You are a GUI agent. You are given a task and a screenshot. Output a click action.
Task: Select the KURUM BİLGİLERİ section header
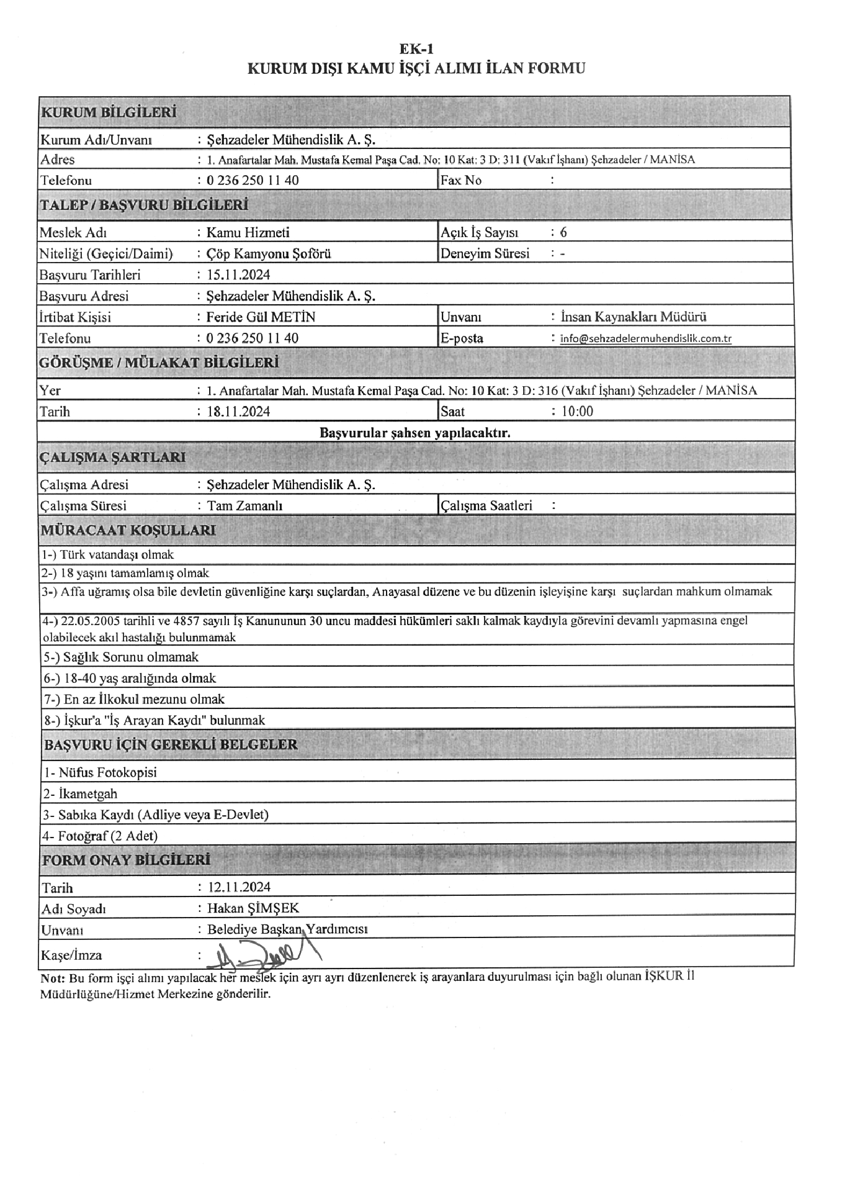[109, 113]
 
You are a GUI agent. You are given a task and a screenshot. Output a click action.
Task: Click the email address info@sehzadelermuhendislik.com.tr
[645, 339]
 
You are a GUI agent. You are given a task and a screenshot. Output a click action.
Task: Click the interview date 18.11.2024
[238, 412]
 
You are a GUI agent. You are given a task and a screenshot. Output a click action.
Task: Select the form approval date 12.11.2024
[238, 887]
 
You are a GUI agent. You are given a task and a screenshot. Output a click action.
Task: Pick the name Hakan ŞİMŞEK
[253, 908]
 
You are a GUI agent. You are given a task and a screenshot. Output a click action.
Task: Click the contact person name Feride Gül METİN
[261, 317]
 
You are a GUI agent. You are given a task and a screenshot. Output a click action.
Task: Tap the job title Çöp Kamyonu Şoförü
[269, 254]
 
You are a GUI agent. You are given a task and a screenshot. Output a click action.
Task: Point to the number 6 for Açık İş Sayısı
[563, 233]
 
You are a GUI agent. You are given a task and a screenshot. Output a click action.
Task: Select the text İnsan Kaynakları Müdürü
[633, 317]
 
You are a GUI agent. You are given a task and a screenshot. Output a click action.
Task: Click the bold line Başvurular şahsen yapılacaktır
[415, 433]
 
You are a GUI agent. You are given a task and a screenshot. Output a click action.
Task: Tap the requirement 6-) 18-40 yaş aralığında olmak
[129, 679]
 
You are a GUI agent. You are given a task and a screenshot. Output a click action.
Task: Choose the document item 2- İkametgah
[79, 794]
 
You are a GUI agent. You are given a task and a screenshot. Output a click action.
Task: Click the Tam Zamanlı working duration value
[244, 506]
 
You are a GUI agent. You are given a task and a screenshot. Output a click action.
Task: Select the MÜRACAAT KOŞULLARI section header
[128, 530]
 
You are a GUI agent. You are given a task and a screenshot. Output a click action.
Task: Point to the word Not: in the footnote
[53, 977]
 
